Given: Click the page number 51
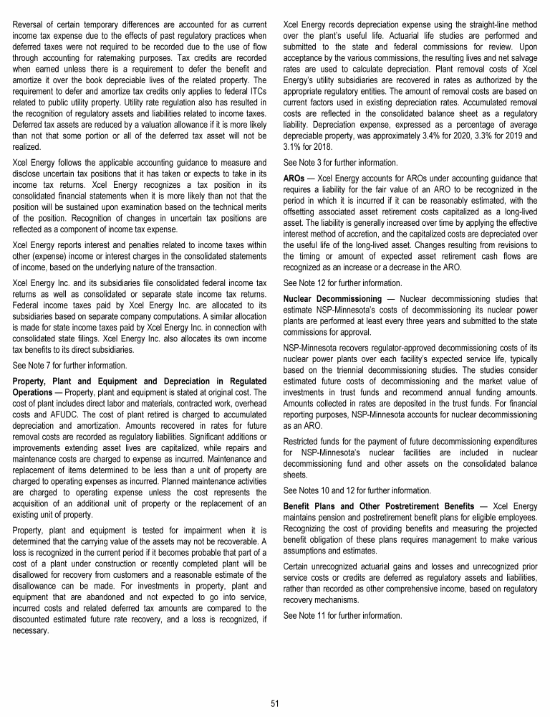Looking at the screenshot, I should (274, 703).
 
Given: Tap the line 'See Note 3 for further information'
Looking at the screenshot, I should (335, 162).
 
